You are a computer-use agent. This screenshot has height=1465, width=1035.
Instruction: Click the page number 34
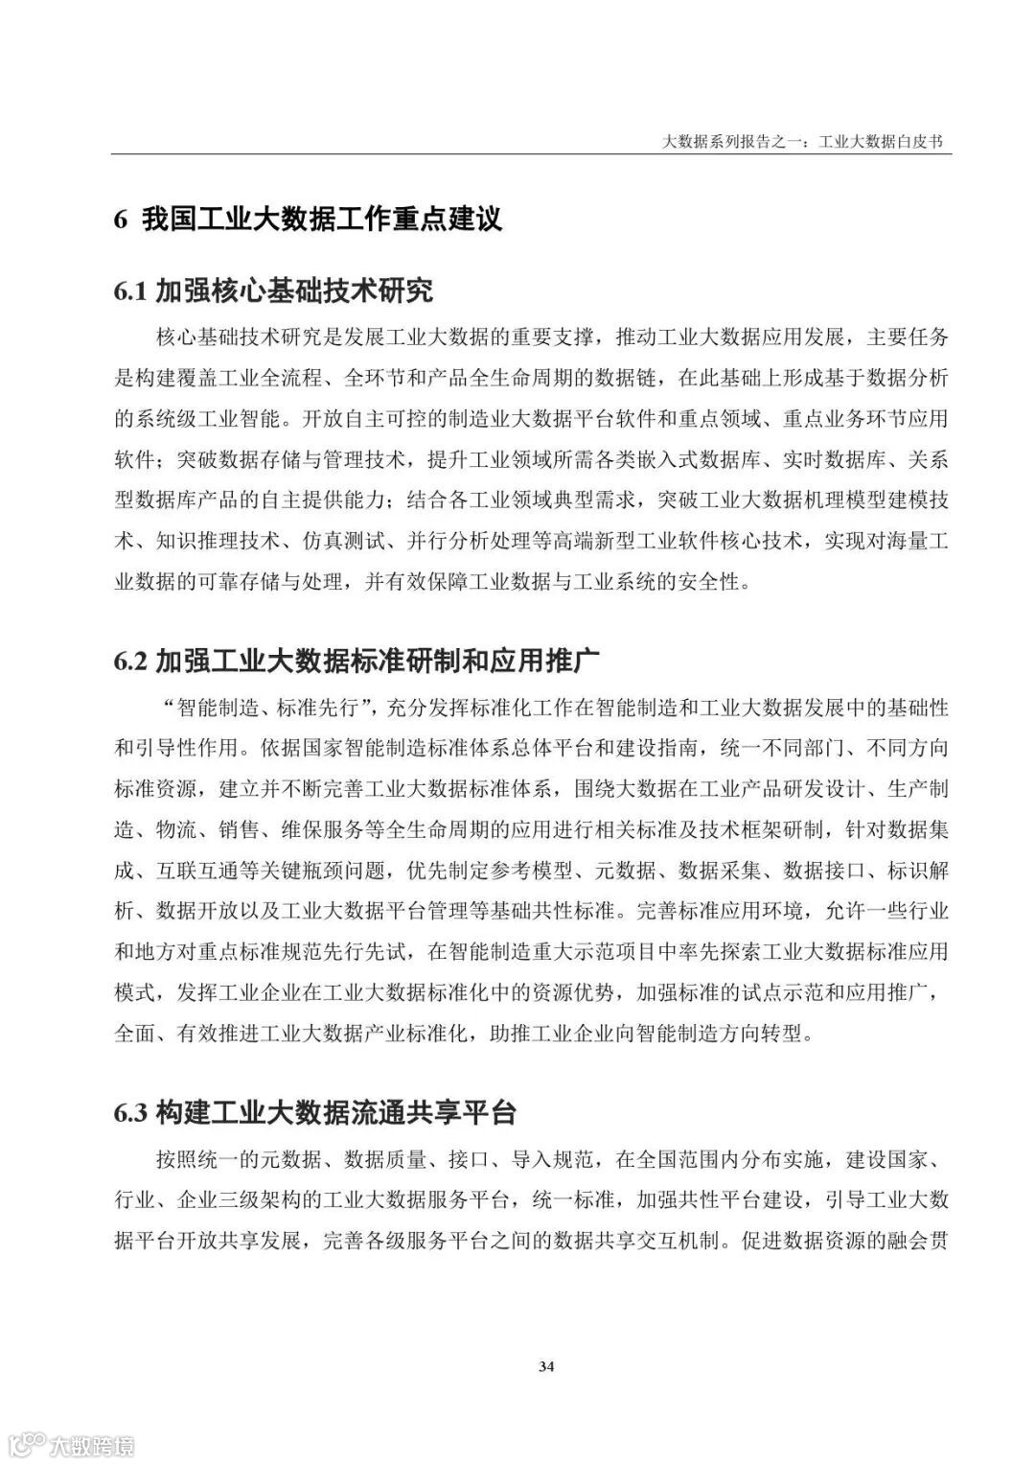point(546,1366)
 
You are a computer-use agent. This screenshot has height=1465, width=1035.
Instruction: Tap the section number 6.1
point(130,290)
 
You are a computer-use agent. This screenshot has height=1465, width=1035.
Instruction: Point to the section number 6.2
point(130,662)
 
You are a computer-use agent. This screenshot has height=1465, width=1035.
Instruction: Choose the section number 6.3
point(130,1113)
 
